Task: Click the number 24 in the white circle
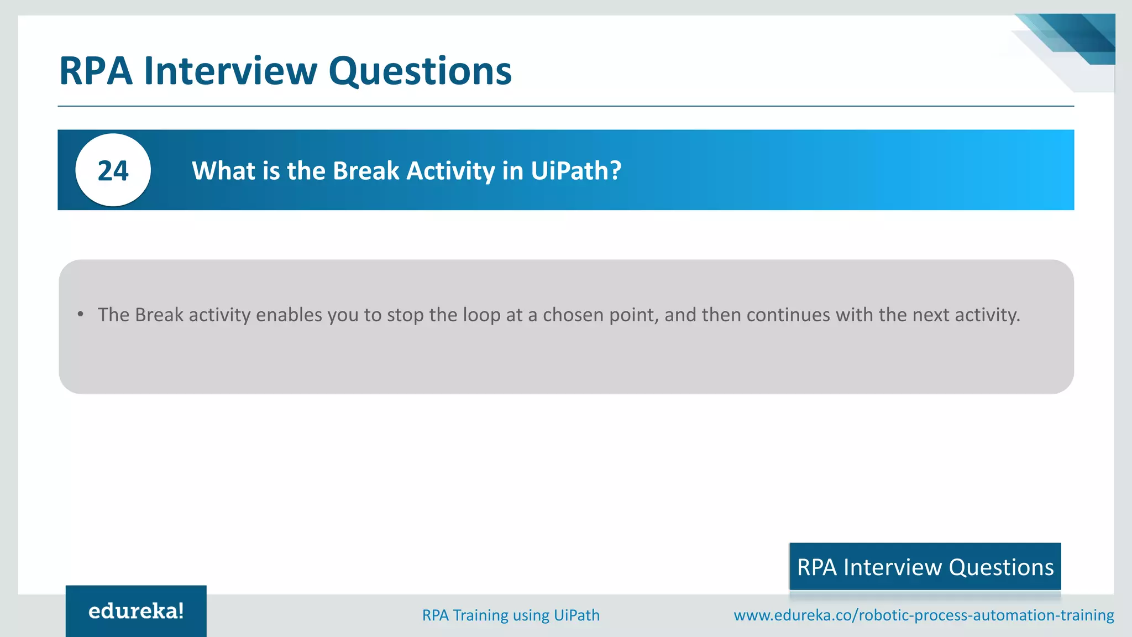pos(113,171)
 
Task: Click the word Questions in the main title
pos(420,71)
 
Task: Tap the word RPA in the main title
pos(96,71)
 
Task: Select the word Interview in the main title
pos(230,71)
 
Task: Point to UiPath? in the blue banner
pos(576,171)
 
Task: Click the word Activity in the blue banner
pos(450,171)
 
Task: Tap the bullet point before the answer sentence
pos(81,315)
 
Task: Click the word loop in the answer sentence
pos(481,315)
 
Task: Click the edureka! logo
pos(136,611)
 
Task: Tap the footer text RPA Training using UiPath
pos(511,615)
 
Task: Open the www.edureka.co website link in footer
pos(923,615)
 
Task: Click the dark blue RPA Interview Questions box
pos(925,567)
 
